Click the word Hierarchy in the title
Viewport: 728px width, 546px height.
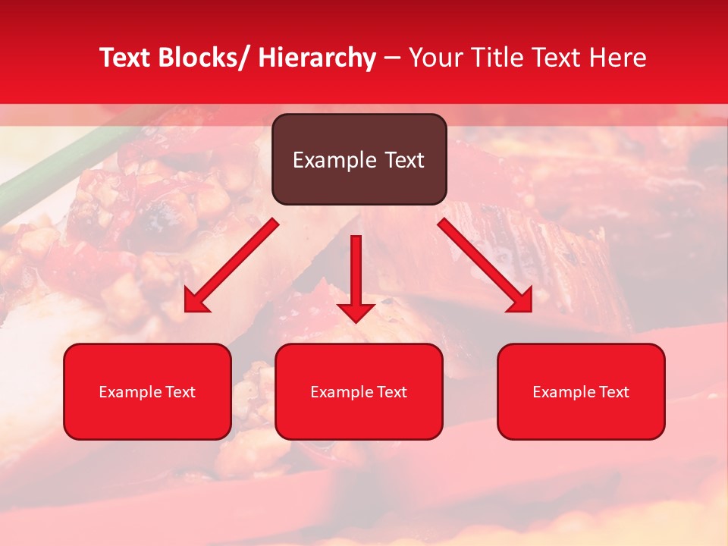pyautogui.click(x=317, y=58)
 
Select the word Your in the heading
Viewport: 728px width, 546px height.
pyautogui.click(x=435, y=58)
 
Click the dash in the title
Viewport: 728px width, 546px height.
pyautogui.click(x=392, y=58)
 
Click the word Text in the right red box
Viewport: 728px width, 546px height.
pyautogui.click(x=613, y=392)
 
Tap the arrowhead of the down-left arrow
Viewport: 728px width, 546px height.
pyautogui.click(x=196, y=301)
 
